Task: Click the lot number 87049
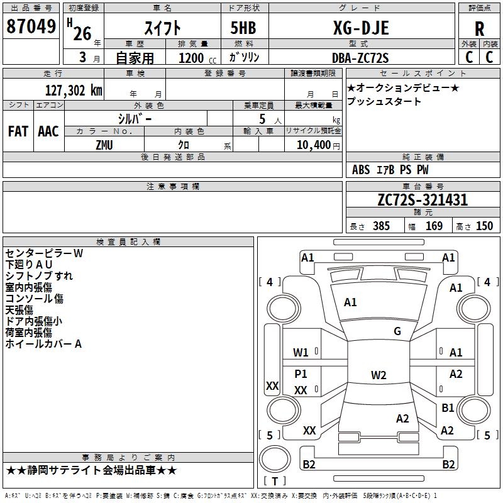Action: coord(31,26)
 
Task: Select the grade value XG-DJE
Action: coord(361,28)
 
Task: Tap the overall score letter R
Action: coord(479,29)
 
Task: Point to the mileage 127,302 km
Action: coord(74,91)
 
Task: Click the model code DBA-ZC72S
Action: coord(360,58)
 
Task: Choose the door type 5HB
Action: coord(243,28)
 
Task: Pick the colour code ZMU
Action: coord(104,145)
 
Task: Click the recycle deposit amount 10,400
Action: coord(314,145)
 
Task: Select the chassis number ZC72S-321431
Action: coord(423,200)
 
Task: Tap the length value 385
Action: coord(381,226)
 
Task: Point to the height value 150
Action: coord(484,226)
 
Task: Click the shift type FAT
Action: coord(18,131)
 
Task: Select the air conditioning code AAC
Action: coord(48,131)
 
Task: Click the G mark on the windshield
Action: coord(397,331)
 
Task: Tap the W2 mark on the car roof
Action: coord(379,375)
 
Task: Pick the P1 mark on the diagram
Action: coord(301,373)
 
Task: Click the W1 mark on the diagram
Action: coord(301,353)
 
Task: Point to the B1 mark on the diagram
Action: coord(448,407)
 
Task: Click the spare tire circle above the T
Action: coord(275,459)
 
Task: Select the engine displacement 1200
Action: coord(191,58)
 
